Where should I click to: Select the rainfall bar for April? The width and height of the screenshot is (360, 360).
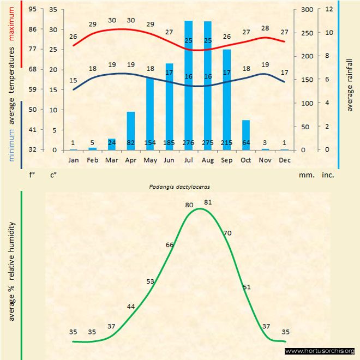coord(131,131)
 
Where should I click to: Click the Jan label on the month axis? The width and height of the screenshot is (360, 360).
coord(73,160)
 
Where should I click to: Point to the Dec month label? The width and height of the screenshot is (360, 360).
coord(284,160)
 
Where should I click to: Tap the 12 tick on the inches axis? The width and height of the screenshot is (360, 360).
coord(328,9)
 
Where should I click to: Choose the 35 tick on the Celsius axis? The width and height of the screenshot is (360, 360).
coord(53,9)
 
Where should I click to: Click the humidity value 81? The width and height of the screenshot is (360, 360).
coord(207,202)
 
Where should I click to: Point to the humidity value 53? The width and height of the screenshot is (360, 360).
coord(151,281)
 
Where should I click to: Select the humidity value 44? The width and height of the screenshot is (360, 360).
coord(131,307)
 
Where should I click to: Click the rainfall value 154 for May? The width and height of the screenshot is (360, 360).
coord(150,143)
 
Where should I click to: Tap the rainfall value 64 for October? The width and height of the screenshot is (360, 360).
coord(246,143)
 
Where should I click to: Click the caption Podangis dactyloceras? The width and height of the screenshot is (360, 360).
coord(180,186)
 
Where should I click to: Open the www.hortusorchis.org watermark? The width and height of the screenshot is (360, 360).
coord(320,351)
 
